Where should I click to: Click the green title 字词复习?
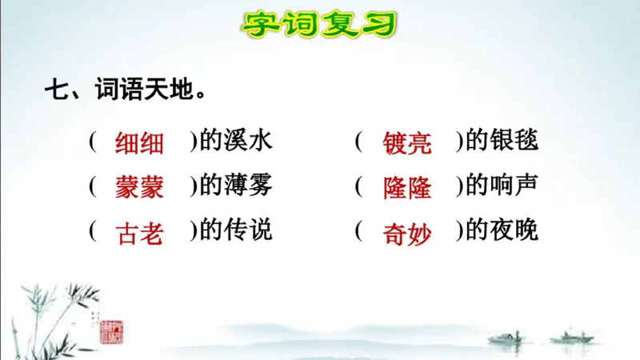pyautogui.click(x=319, y=23)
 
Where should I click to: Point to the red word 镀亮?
pyautogui.click(x=407, y=143)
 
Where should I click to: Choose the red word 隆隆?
pyautogui.click(x=407, y=188)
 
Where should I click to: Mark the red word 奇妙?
pyautogui.click(x=407, y=233)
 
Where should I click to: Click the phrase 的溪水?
pyautogui.click(x=236, y=142)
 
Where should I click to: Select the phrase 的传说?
pyautogui.click(x=236, y=232)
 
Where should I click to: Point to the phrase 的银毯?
pyautogui.click(x=502, y=142)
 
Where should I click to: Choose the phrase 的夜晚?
pyautogui.click(x=502, y=232)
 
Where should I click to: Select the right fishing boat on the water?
pyautogui.click(x=572, y=335)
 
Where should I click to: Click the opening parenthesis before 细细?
pyautogui.click(x=94, y=142)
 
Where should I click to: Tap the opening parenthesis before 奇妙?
pyautogui.click(x=360, y=232)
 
